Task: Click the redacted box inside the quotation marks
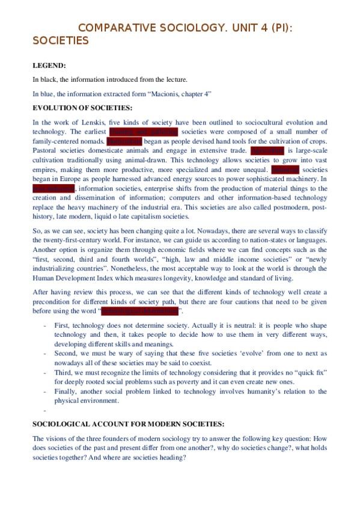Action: point(140,311)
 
